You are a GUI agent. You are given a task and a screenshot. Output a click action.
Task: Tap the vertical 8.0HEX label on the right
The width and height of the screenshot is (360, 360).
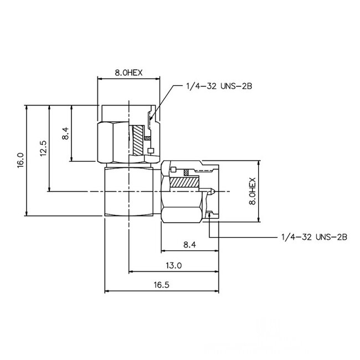click(x=252, y=192)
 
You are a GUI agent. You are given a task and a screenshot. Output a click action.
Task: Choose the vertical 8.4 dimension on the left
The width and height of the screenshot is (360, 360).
click(x=65, y=134)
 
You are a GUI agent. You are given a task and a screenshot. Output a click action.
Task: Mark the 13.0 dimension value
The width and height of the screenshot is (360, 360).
click(x=174, y=265)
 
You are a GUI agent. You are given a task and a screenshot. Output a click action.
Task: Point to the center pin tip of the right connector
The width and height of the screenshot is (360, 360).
click(x=213, y=192)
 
